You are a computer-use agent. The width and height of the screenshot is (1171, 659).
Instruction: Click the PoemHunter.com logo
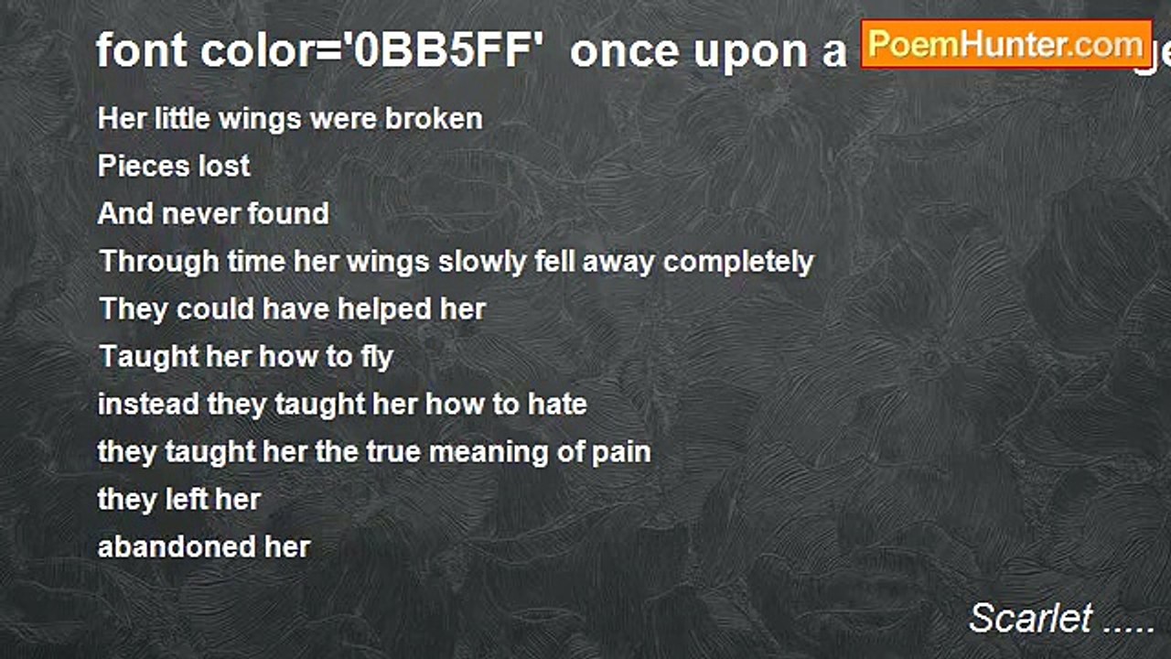[1006, 44]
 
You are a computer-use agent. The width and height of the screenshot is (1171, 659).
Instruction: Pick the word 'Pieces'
[134, 166]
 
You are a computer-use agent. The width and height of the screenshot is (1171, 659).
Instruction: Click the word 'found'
[291, 213]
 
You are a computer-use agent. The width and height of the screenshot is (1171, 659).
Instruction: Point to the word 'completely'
[738, 261]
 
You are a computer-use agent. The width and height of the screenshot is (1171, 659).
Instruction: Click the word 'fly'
[377, 356]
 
